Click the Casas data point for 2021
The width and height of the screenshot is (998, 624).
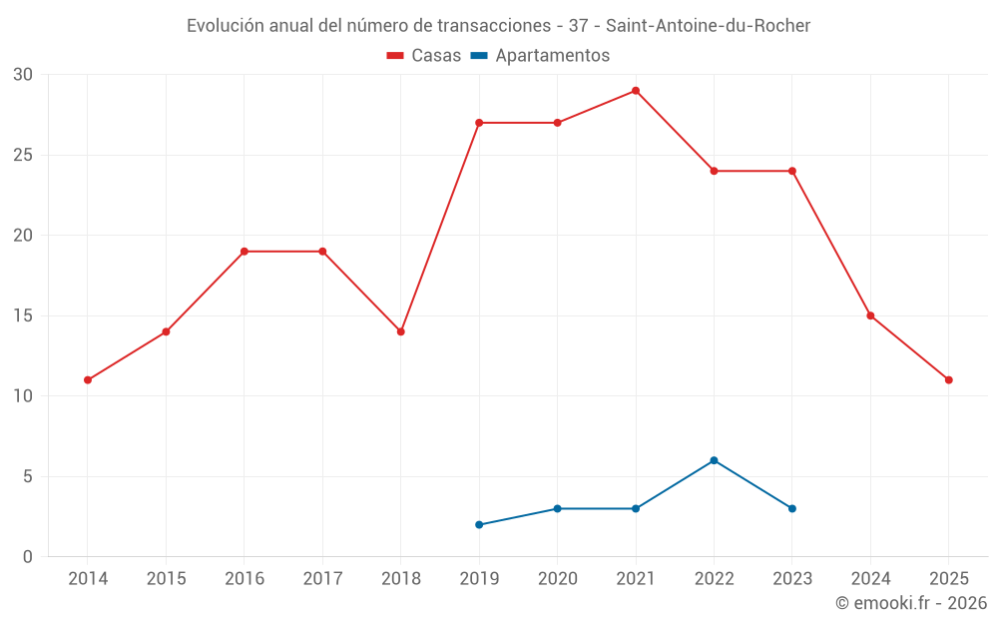(x=636, y=91)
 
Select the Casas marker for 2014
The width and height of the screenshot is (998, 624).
(x=88, y=380)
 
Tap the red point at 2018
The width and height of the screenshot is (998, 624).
(x=401, y=331)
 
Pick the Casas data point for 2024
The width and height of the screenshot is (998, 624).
(x=870, y=315)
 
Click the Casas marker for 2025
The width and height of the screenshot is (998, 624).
(x=948, y=380)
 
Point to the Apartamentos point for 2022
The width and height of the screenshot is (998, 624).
(x=714, y=460)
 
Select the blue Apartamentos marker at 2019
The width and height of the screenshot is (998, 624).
(x=479, y=525)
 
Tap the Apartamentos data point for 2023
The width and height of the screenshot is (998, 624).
(x=792, y=509)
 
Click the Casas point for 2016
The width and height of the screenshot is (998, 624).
(x=245, y=252)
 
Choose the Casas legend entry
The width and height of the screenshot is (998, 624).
(x=424, y=56)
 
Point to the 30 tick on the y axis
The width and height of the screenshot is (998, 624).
(x=23, y=75)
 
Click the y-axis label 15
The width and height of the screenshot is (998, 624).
(x=23, y=316)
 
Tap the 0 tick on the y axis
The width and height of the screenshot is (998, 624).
(x=28, y=557)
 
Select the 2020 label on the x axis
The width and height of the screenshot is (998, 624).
(x=557, y=579)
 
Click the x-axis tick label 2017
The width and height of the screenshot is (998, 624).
(x=322, y=579)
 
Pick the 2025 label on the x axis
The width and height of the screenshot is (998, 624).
(x=948, y=579)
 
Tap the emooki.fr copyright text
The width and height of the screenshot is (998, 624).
(x=910, y=603)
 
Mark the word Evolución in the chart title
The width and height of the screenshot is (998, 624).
(x=227, y=25)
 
